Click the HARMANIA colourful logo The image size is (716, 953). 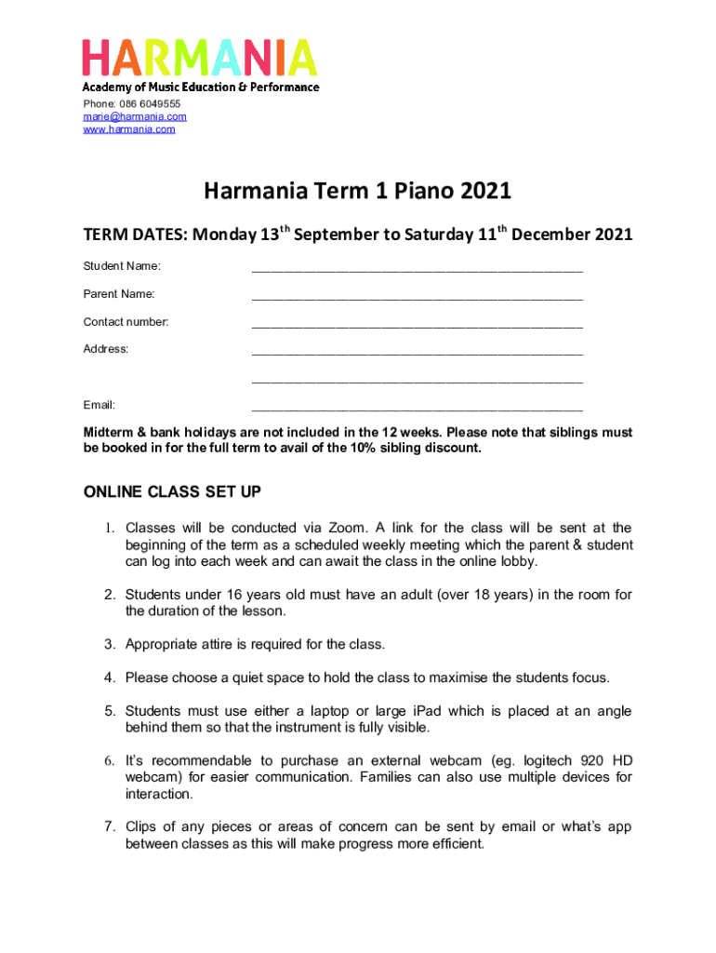[x=200, y=58]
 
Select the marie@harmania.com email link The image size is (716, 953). [x=135, y=116]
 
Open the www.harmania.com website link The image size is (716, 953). [x=129, y=128]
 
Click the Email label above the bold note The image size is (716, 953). [x=99, y=405]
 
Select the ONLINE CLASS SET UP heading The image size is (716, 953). [x=172, y=491]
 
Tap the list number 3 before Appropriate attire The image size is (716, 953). [x=109, y=644]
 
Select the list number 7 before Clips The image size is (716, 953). [x=109, y=827]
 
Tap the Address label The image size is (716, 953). [x=106, y=349]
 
